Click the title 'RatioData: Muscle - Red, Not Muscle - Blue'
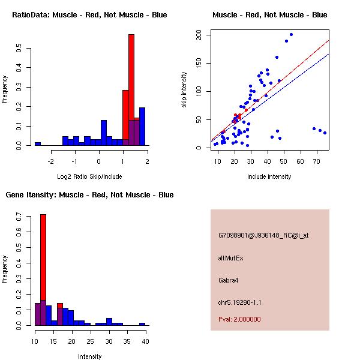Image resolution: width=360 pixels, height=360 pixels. click(89, 14)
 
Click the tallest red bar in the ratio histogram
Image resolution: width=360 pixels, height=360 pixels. click(131, 90)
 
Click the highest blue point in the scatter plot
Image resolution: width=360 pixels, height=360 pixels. click(291, 35)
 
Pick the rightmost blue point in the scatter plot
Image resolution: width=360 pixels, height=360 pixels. click(325, 133)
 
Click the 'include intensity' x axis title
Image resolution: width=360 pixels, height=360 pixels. click(269, 176)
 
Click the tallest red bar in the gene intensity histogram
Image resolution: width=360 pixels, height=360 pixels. click(43, 270)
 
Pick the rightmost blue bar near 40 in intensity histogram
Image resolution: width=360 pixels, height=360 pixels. click(142, 324)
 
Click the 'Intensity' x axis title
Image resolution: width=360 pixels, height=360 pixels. click(89, 356)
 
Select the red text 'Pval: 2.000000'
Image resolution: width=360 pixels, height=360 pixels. click(239, 319)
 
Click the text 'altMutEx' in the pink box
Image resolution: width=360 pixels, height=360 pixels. click(231, 258)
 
